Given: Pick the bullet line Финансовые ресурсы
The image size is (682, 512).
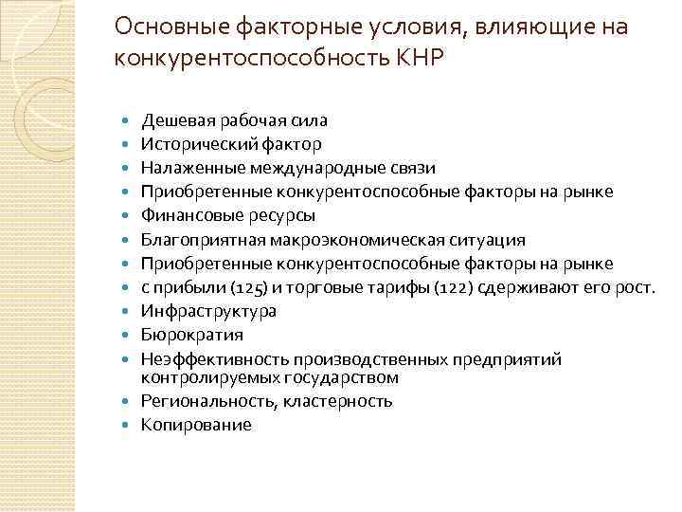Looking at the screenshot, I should [228, 215].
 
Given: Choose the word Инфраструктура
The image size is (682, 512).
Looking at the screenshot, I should [208, 310].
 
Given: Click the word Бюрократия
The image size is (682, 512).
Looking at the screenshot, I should [191, 334].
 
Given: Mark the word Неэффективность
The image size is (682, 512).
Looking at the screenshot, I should [214, 359].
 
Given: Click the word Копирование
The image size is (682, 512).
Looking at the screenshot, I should [196, 425].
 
